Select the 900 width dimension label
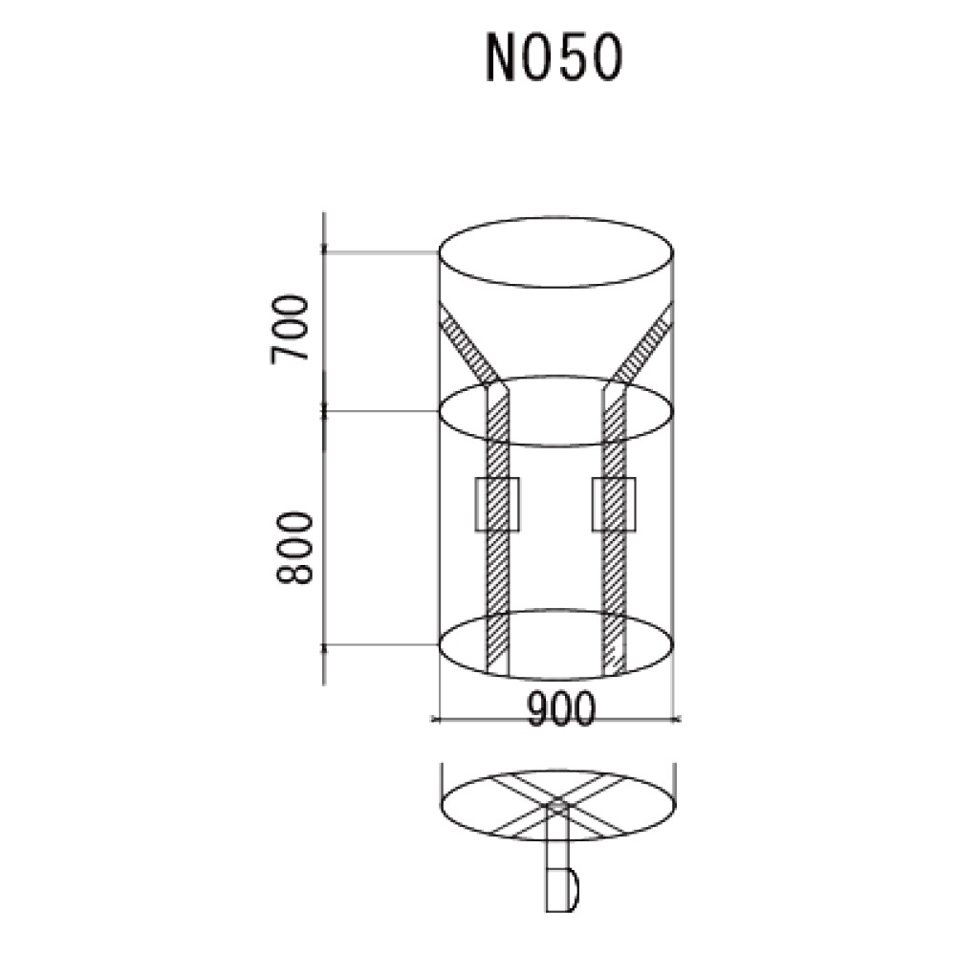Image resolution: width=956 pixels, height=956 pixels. click(x=561, y=707)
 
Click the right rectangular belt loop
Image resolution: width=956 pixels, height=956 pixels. click(x=614, y=504)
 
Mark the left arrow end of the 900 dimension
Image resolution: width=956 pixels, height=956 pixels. click(x=437, y=717)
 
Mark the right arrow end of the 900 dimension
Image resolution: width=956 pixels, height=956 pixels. click(x=676, y=717)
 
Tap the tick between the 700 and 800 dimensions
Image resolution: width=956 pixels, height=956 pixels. click(x=326, y=412)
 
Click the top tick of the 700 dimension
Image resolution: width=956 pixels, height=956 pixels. click(x=326, y=251)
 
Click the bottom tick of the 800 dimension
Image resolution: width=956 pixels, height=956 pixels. click(x=326, y=646)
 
